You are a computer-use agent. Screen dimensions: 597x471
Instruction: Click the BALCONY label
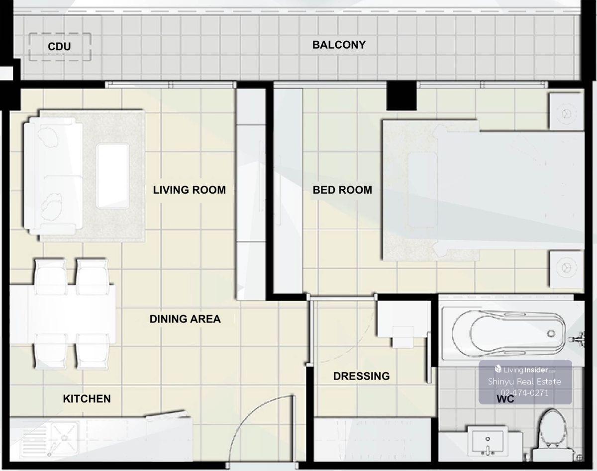[x=339, y=45]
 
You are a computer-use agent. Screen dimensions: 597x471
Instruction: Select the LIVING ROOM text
[x=190, y=190]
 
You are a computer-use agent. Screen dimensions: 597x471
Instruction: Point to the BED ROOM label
[x=342, y=190]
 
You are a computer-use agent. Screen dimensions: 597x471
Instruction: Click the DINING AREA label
[x=185, y=319]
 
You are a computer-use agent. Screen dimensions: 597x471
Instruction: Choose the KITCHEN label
[x=87, y=398]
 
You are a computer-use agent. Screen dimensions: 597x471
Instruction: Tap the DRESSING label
[x=362, y=376]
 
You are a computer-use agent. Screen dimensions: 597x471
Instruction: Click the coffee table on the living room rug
[x=113, y=176]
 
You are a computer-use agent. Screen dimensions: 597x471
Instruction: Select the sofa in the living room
[x=53, y=176]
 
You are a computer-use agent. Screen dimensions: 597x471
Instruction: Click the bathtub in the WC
[x=509, y=333]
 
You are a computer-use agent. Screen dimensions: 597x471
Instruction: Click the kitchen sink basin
[x=64, y=438]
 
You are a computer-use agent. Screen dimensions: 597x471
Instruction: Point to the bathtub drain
[x=551, y=333]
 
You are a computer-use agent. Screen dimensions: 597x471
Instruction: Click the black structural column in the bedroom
[x=401, y=95]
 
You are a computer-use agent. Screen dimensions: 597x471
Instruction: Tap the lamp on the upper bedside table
[x=566, y=114]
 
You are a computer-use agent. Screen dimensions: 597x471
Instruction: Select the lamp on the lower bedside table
[x=566, y=268]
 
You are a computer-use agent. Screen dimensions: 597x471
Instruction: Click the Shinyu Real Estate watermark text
[x=524, y=382]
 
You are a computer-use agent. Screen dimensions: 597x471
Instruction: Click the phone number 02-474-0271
[x=524, y=393]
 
